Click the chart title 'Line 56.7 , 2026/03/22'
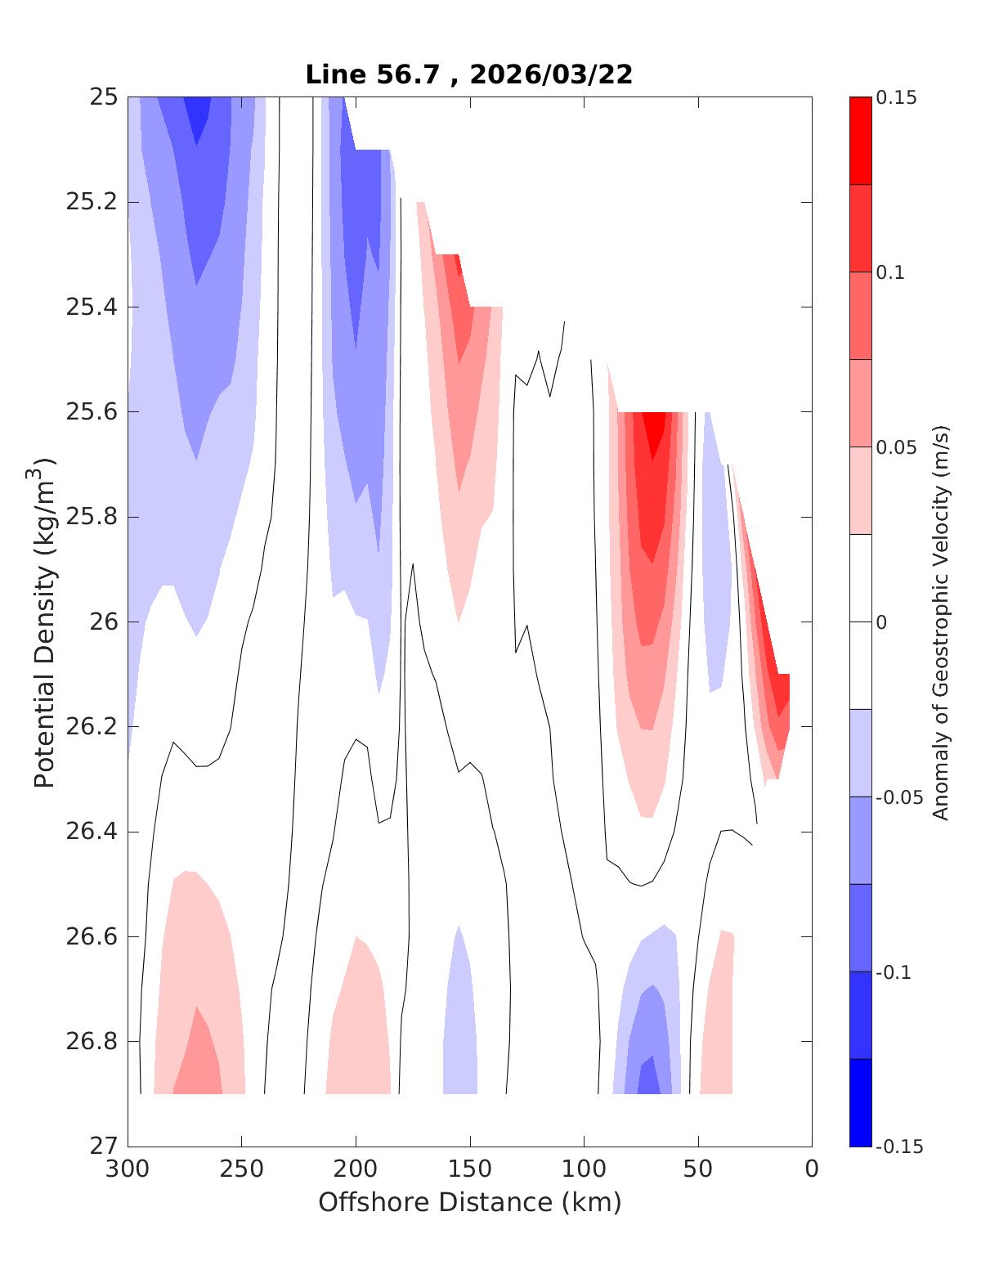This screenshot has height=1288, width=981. point(468,74)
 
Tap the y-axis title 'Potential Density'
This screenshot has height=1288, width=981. point(44,622)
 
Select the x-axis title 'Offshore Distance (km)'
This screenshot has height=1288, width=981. point(469,1202)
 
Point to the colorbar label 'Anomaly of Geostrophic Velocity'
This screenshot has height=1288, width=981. point(941,622)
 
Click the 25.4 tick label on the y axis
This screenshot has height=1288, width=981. point(91,307)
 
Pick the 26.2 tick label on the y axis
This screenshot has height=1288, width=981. point(91,727)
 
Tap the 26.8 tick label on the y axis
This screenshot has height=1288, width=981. point(91,1042)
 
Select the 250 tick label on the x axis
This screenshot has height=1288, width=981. point(242,1169)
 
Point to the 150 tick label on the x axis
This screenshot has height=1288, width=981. point(470,1169)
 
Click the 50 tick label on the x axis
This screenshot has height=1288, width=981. point(698,1169)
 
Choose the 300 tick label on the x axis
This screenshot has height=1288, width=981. point(128,1169)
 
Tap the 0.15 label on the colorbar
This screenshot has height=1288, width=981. point(897,98)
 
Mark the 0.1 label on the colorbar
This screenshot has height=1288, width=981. point(892,272)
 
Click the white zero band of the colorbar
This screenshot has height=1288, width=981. point(860,622)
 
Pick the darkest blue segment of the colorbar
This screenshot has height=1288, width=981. point(860,1102)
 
